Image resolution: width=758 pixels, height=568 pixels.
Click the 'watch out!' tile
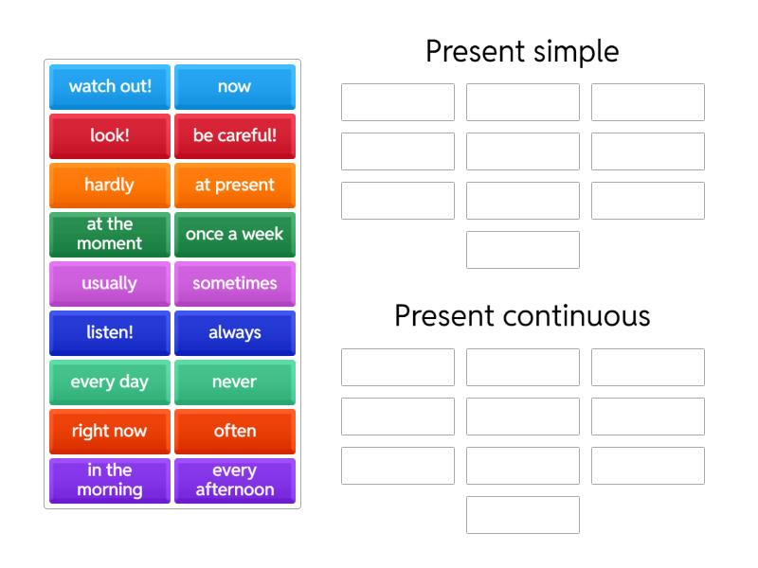[110, 86]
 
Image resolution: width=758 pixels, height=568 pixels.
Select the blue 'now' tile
[235, 86]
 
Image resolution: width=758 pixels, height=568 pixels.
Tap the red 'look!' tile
[110, 135]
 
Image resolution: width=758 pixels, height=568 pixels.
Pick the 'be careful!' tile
[235, 135]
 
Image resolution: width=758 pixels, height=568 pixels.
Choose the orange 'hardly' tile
[110, 185]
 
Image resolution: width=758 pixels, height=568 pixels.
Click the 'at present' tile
[235, 185]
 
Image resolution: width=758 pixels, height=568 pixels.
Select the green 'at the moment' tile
[110, 234]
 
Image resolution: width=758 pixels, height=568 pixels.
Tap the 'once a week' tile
[235, 234]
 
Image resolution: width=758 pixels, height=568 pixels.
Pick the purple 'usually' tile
[110, 283]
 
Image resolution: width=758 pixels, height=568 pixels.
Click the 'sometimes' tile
[235, 283]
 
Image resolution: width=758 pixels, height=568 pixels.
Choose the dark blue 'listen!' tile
[110, 332]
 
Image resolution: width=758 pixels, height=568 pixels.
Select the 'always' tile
[235, 332]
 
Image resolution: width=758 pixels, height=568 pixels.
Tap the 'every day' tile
[110, 382]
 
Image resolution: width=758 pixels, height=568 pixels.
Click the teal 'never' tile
[235, 382]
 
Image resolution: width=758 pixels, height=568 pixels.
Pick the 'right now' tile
[110, 431]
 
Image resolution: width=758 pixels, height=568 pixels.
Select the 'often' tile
[235, 431]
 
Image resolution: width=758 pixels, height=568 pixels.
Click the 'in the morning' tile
[110, 480]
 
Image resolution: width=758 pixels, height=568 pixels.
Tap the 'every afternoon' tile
[235, 480]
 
